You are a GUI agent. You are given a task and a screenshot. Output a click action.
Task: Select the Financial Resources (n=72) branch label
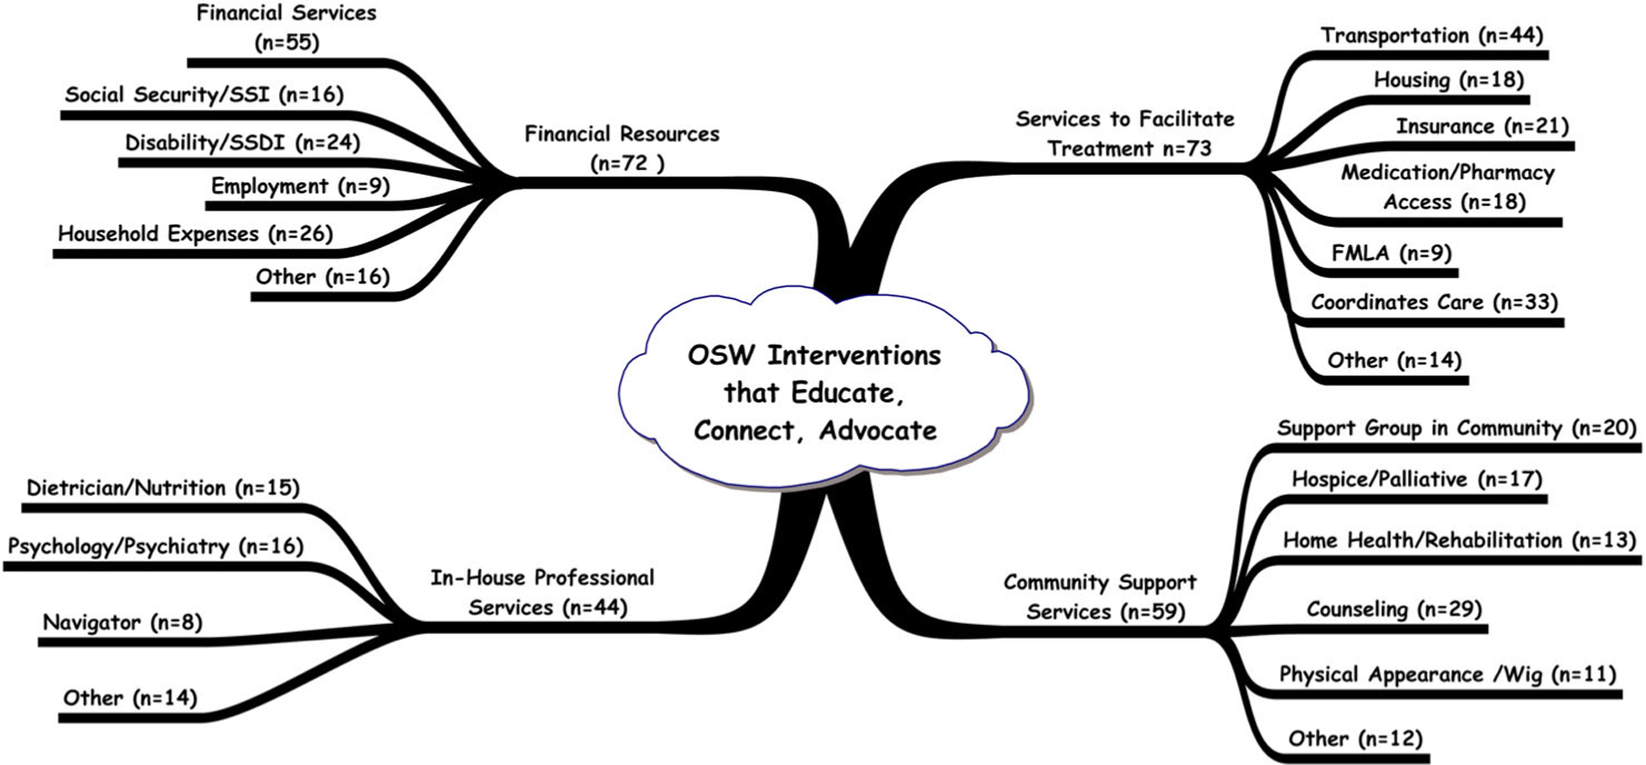pyautogui.click(x=622, y=148)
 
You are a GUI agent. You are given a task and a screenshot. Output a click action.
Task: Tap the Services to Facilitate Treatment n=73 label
pyautogui.click(x=1125, y=134)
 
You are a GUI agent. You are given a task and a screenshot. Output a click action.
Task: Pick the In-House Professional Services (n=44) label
pyautogui.click(x=543, y=592)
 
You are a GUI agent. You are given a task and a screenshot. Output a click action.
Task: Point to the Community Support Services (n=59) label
pyautogui.click(x=1101, y=597)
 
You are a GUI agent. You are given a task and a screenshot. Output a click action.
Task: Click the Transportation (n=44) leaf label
pyautogui.click(x=1431, y=36)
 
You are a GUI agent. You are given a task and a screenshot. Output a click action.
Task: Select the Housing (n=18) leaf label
pyautogui.click(x=1448, y=80)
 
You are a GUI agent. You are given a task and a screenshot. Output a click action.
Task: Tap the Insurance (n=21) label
pyautogui.click(x=1481, y=125)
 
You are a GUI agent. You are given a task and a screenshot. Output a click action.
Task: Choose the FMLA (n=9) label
pyautogui.click(x=1391, y=253)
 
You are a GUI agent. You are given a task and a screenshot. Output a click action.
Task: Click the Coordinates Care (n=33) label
pyautogui.click(x=1434, y=302)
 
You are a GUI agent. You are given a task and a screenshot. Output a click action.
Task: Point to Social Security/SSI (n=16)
pyautogui.click(x=204, y=94)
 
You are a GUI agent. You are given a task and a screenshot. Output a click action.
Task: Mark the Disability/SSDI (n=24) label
pyautogui.click(x=242, y=143)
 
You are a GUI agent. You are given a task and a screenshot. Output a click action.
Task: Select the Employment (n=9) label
pyautogui.click(x=300, y=186)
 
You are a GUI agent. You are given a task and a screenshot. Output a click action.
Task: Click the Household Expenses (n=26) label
pyautogui.click(x=195, y=233)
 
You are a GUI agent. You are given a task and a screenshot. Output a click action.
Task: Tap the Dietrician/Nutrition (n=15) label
pyautogui.click(x=163, y=488)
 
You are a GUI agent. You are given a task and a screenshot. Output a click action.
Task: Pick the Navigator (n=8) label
pyautogui.click(x=123, y=622)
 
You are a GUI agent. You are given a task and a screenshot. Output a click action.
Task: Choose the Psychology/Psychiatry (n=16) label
pyautogui.click(x=155, y=546)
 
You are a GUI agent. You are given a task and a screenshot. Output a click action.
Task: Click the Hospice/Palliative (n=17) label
pyautogui.click(x=1416, y=479)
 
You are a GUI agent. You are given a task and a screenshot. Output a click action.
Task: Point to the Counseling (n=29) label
pyautogui.click(x=1394, y=609)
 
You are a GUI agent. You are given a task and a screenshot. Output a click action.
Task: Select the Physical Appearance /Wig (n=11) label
pyautogui.click(x=1447, y=674)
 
